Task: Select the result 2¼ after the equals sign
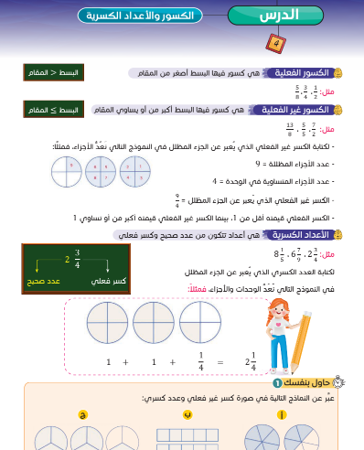click(248, 363)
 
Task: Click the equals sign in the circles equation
click(219, 363)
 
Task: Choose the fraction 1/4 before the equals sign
click(200, 363)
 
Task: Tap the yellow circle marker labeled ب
click(187, 412)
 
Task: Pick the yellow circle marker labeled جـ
click(83, 412)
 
